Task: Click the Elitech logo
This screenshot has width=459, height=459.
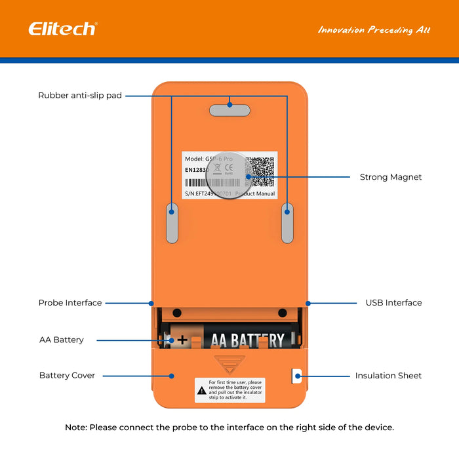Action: coord(62,29)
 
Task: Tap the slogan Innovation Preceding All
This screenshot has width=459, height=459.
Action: coord(374,30)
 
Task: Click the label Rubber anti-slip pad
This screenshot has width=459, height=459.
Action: coord(80,96)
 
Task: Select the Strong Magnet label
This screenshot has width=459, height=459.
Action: coord(391,177)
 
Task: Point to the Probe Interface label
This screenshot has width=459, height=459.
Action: coord(70,303)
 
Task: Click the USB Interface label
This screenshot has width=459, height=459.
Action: coord(393,303)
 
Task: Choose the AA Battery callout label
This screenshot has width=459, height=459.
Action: coord(62,340)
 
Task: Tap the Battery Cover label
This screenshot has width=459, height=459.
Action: coord(67,376)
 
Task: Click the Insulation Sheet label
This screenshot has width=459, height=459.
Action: coord(388,376)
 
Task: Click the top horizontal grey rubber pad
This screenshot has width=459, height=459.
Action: coord(229,110)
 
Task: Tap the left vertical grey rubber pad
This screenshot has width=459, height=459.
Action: coord(172,223)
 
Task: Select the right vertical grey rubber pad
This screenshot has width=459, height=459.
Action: coord(287,223)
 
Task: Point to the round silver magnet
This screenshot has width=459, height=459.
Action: coord(229,175)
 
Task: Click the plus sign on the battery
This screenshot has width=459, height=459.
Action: coord(182,340)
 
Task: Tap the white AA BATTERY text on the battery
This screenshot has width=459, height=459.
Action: coord(247,340)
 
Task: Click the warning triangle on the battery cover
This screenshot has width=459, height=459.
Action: coord(201,390)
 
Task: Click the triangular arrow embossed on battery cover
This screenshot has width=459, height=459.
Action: coord(229,363)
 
